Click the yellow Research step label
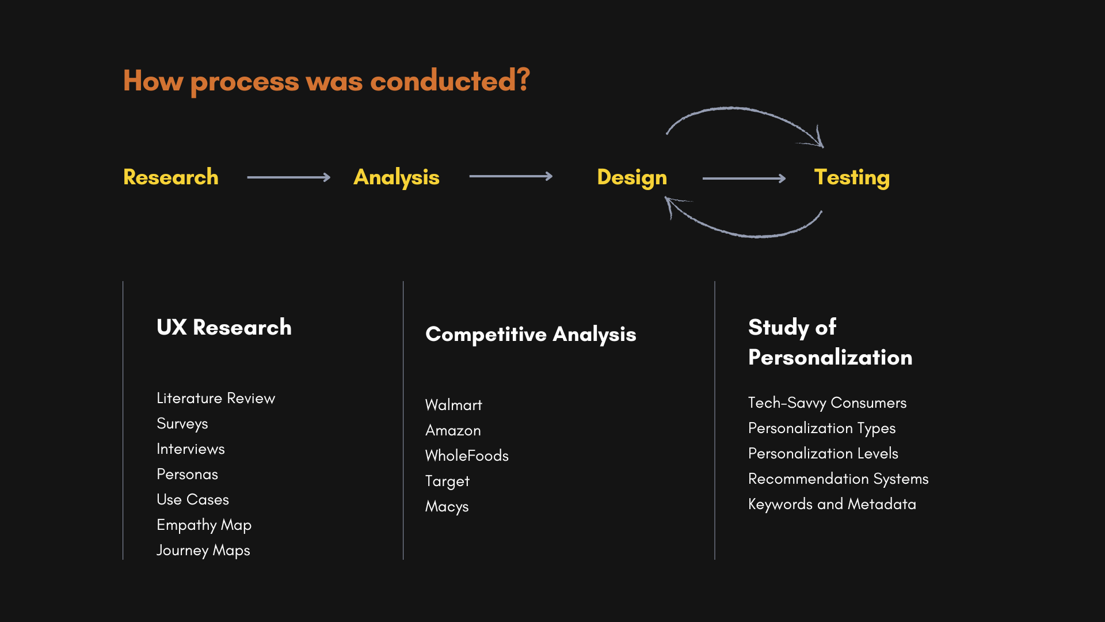171,177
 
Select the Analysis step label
397,178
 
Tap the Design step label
632,178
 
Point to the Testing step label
852,178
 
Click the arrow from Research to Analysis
289,177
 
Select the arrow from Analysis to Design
511,176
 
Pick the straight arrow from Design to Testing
744,179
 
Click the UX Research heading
224,327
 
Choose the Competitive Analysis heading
531,335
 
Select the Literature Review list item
216,398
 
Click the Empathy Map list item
204,525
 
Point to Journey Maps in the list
203,551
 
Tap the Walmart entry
454,405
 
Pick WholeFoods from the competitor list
467,456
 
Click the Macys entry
447,507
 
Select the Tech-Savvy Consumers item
827,403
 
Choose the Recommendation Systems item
838,479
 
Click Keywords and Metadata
832,505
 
